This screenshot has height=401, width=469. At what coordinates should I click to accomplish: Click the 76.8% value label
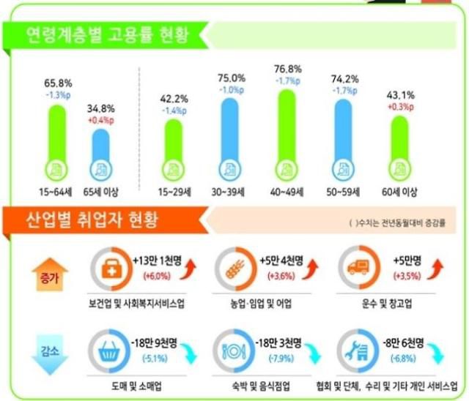[x=287, y=69]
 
